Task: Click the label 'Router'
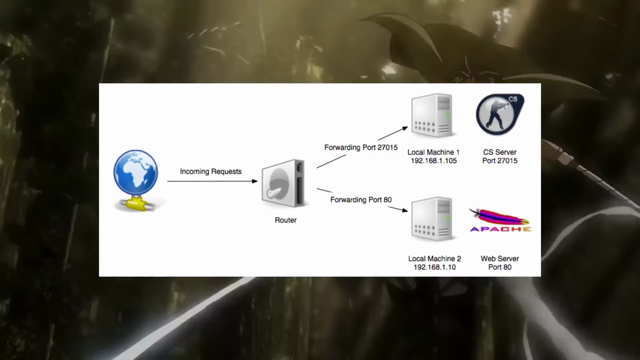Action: tap(285, 220)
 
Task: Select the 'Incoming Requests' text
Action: tap(211, 171)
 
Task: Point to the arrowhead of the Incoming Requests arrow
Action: tap(255, 181)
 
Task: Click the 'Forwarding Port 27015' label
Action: tap(361, 147)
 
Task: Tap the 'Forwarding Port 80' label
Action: tap(361, 199)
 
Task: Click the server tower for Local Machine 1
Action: tap(432, 115)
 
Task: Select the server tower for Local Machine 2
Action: tap(432, 219)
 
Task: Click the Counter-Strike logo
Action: tap(500, 115)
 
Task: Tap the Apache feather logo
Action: tap(500, 220)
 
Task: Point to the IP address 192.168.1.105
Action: tap(433, 161)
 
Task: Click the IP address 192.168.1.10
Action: tap(435, 267)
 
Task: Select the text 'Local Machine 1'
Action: tap(433, 152)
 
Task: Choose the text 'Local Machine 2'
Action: tap(435, 259)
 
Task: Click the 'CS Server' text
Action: tap(500, 152)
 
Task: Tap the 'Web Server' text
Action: tap(500, 259)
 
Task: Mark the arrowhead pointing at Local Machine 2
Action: tap(405, 211)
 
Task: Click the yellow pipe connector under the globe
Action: tap(136, 204)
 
